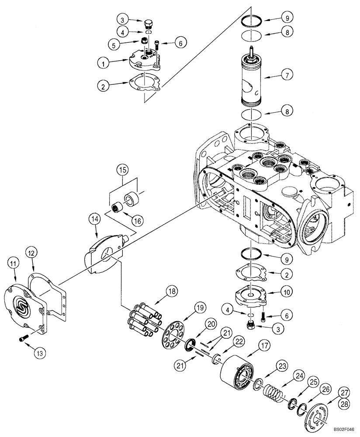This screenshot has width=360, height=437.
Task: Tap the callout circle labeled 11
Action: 14,263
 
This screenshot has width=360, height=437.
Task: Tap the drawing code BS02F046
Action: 343,430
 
